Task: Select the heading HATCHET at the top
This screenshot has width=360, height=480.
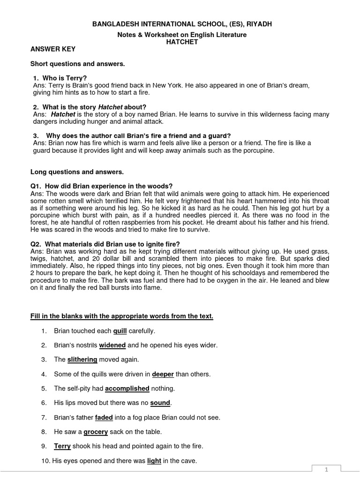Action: [x=180, y=41]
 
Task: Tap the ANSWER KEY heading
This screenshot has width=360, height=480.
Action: [x=53, y=49]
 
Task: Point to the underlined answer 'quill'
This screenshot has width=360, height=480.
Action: [x=120, y=331]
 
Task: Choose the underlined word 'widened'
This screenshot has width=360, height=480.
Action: [x=112, y=345]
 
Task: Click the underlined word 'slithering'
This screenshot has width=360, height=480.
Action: [x=82, y=360]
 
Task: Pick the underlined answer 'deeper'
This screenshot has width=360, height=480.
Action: [x=163, y=374]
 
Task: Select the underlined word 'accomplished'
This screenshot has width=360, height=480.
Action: [x=127, y=389]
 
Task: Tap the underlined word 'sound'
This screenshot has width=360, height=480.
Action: [x=160, y=403]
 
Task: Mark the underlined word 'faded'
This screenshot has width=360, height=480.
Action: [x=104, y=417]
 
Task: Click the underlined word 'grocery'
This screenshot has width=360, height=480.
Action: [x=96, y=432]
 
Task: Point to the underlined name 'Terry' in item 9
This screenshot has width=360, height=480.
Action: [x=62, y=446]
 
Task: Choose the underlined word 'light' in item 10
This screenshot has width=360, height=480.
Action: [x=154, y=461]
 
